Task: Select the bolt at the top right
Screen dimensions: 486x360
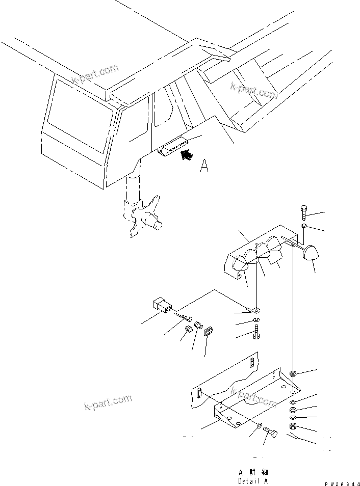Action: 304,212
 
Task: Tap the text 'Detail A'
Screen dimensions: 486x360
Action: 252,480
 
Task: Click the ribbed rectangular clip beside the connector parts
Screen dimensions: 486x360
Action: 208,332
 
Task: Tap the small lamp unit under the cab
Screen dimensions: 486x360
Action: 173,148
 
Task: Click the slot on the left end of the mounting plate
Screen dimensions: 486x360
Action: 199,393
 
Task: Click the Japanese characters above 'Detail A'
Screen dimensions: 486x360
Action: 252,472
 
